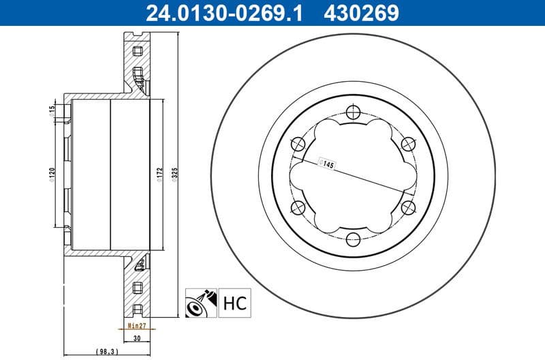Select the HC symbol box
[x=234, y=301]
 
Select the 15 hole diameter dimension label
[x=52, y=110]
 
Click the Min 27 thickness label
[x=139, y=327]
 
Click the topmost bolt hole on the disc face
[x=352, y=112]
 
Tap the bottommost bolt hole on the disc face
[x=352, y=239]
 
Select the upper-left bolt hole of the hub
[x=297, y=143]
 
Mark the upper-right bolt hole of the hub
[x=407, y=143]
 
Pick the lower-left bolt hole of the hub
[x=297, y=207]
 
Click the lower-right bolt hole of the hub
[x=407, y=207]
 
